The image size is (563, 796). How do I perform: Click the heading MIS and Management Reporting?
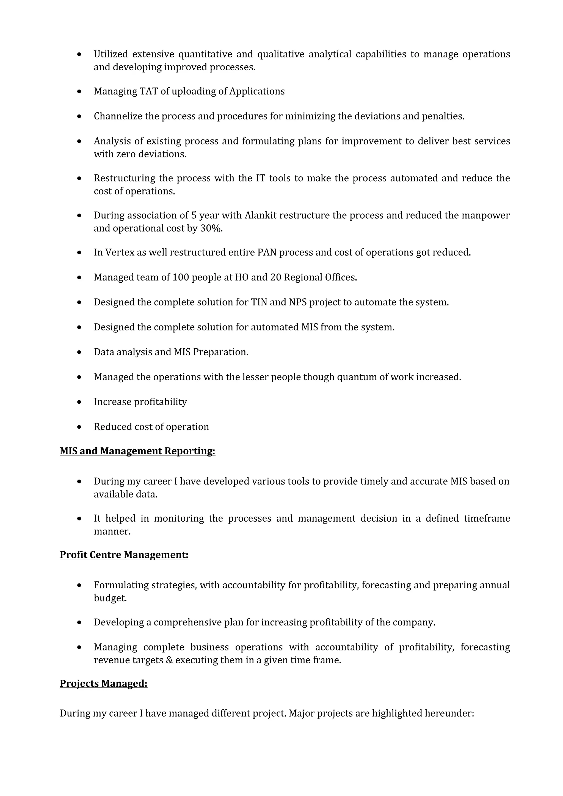pyautogui.click(x=137, y=451)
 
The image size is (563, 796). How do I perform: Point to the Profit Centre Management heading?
pyautogui.click(x=124, y=555)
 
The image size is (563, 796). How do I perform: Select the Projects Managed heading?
pyautogui.click(x=103, y=683)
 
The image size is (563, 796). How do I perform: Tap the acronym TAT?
pyautogui.click(x=148, y=91)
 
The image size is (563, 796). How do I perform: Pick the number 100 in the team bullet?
pyautogui.click(x=180, y=277)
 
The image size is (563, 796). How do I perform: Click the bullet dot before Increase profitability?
pyautogui.click(x=79, y=402)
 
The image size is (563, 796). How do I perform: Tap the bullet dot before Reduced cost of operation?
pyautogui.click(x=79, y=427)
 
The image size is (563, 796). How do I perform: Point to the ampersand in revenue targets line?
pyautogui.click(x=169, y=660)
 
